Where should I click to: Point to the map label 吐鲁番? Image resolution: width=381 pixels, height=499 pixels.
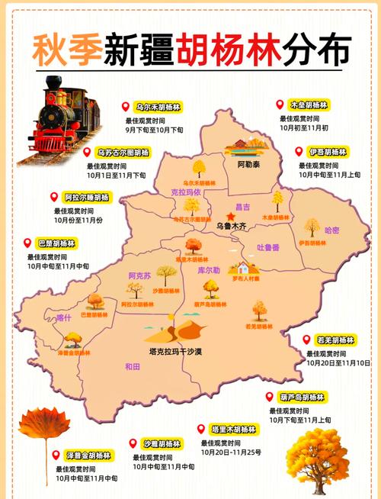click(267, 247)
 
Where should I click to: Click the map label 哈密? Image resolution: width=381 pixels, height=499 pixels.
click(332, 230)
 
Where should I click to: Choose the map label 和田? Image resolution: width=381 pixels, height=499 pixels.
click(133, 366)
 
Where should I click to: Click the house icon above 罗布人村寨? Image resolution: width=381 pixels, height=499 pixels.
click(243, 268)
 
